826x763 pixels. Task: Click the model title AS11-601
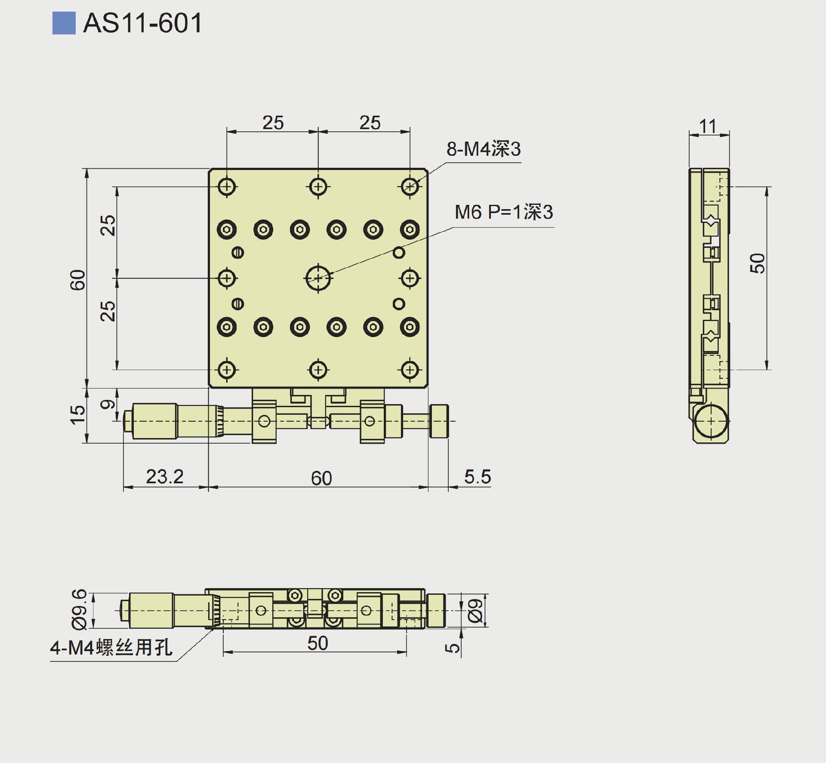click(142, 23)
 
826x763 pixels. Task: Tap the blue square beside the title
click(64, 23)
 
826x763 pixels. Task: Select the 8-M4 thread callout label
click(484, 149)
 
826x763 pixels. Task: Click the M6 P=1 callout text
click(504, 212)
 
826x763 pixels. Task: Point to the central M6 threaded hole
click(318, 278)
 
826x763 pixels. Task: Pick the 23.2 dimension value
click(165, 476)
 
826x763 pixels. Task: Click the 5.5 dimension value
click(478, 477)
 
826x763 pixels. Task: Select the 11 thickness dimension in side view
click(708, 126)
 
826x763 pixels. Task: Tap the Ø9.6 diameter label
click(79, 609)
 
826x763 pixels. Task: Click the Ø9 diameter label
click(475, 610)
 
